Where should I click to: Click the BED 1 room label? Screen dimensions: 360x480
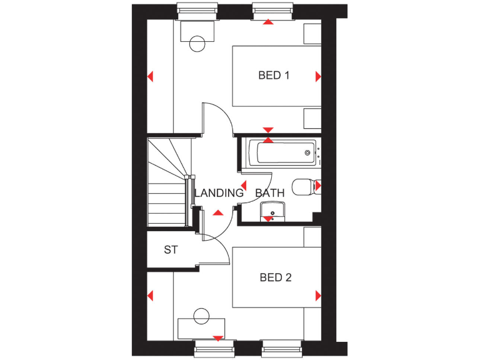pos(274,76)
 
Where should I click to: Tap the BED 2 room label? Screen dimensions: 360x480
pos(276,277)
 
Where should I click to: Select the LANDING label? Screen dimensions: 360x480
pos(219,193)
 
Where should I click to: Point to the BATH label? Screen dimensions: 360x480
pos(270,193)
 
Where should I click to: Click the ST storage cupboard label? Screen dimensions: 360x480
pos(171,250)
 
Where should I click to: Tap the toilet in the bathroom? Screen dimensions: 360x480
pos(304,186)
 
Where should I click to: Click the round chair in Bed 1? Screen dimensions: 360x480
pos(197,44)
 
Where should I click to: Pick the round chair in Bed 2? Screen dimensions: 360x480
pos(201,316)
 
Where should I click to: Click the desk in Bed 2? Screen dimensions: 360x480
pos(201,327)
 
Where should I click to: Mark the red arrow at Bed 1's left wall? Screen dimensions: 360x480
pos(150,77)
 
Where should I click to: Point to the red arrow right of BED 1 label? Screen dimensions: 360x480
pos(318,76)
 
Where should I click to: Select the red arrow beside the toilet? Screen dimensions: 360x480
pos(318,186)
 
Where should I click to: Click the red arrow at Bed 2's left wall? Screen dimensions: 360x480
pos(150,295)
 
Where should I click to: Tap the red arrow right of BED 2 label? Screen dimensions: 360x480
pos(318,295)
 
